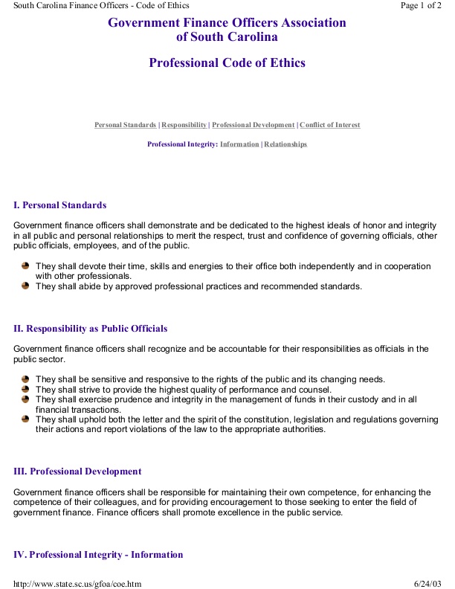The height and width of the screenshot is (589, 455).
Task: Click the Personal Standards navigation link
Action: click(125, 125)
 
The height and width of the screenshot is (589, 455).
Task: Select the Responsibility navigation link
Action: click(184, 125)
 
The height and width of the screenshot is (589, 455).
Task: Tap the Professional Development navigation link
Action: click(254, 125)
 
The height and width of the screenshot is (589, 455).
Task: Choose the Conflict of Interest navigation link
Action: click(330, 125)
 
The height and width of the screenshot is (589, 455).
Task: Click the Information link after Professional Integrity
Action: click(239, 144)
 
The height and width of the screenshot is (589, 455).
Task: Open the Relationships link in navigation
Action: click(285, 144)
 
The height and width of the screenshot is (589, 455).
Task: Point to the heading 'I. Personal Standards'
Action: click(60, 205)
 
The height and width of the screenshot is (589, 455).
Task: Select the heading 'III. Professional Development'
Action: click(77, 471)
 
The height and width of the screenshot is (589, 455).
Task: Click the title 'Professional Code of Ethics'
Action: click(227, 63)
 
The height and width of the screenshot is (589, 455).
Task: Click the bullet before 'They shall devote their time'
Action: click(26, 265)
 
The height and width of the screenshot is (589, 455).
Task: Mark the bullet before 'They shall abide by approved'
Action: click(26, 285)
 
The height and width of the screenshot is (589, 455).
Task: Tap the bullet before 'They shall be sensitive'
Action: click(26, 379)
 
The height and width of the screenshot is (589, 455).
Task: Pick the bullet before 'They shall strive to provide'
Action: click(26, 389)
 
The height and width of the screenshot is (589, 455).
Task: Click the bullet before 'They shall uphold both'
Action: click(26, 419)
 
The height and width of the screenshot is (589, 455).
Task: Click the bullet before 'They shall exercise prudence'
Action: click(26, 399)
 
